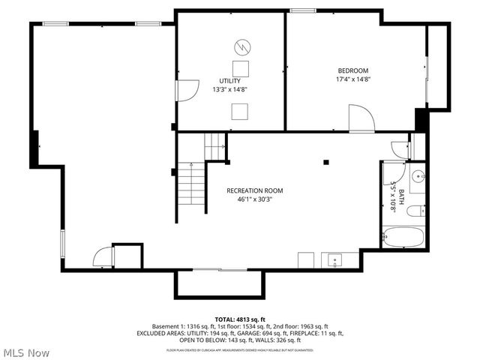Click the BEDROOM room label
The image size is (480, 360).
[x=354, y=70]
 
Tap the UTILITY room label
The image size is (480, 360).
[x=229, y=80]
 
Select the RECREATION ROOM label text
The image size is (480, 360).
[x=255, y=190]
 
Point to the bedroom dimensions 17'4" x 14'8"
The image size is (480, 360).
[x=354, y=79]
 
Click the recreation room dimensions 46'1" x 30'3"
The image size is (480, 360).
[x=255, y=199]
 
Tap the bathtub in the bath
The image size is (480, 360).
[x=403, y=238]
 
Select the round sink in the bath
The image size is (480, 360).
[x=418, y=177]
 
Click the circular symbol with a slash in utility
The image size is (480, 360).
[x=241, y=47]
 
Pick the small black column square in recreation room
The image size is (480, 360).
[x=326, y=160]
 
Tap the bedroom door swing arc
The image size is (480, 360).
[x=362, y=118]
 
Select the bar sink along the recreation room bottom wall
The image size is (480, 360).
[x=334, y=260]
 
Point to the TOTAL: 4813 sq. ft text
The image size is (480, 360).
[x=240, y=319]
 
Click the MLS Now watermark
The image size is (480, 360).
[x=25, y=352]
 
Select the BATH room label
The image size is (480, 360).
[x=400, y=197]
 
